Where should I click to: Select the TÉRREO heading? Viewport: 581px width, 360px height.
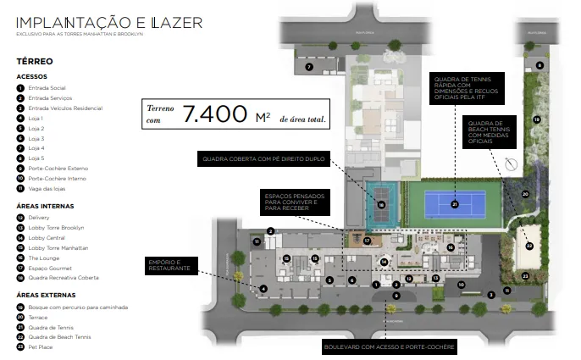coord(35,62)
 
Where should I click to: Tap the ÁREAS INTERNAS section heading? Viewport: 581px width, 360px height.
coord(45,206)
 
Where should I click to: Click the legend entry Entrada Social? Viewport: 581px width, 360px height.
coord(50,88)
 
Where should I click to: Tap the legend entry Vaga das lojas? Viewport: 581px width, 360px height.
coord(49,189)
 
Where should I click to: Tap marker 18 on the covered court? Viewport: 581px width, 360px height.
coord(381,205)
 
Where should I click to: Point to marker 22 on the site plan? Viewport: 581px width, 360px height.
coord(529,246)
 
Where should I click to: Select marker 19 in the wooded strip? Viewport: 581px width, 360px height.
coord(536,119)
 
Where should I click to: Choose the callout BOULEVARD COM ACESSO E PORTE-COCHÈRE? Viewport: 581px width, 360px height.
coord(390,348)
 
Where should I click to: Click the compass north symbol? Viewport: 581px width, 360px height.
coord(510,164)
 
